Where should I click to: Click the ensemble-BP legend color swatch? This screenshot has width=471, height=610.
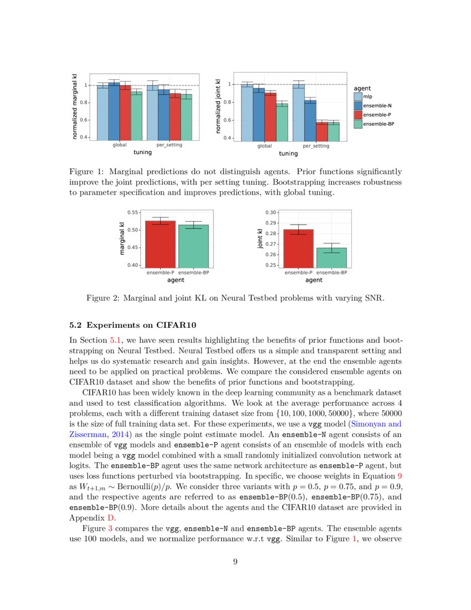coord(358,124)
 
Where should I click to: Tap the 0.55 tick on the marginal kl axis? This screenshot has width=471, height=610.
coord(133,212)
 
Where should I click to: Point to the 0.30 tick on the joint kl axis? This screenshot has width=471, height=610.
coord(271,212)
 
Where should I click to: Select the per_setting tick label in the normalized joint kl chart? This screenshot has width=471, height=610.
coord(316,146)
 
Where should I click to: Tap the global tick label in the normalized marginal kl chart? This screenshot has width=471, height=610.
coord(120,145)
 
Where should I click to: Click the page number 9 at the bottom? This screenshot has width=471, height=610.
coord(235,562)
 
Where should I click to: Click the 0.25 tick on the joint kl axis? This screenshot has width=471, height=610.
coord(271,265)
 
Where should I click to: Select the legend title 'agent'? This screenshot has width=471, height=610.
coord(362,88)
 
